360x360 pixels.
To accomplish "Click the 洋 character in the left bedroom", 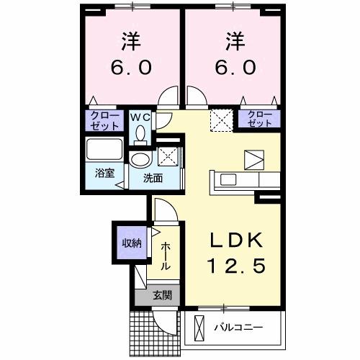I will tap(131, 41).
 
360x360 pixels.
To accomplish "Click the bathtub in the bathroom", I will tap(104, 150).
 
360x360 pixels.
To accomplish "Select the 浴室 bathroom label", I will tap(105, 173).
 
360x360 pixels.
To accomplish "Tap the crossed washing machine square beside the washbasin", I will tap(167, 155).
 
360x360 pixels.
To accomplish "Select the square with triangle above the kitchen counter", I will tap(254, 158).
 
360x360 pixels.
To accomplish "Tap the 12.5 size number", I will tap(233, 266).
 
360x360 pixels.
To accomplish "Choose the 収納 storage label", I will tap(130, 243).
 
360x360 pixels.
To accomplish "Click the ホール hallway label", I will tap(166, 256).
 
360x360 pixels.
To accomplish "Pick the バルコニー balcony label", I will tap(238, 328).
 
